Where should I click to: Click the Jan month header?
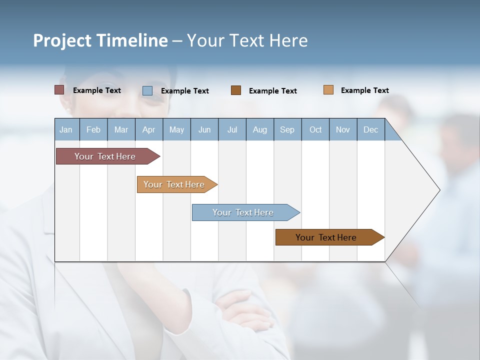(66, 129)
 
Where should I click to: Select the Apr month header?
(149, 129)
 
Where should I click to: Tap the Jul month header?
(232, 129)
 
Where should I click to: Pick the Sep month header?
(287, 129)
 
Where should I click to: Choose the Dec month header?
(370, 129)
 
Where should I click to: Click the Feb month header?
(93, 129)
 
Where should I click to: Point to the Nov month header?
(343, 129)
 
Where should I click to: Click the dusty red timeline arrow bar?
(105, 156)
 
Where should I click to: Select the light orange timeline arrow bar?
(175, 184)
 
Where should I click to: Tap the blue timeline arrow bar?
(243, 212)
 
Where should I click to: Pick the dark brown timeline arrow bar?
(327, 237)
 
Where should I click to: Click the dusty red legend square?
(59, 90)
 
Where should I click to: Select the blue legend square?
(147, 90)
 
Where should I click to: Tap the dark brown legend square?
(236, 90)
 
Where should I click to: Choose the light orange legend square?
(328, 90)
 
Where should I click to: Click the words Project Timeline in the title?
(100, 40)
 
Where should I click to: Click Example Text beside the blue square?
(185, 91)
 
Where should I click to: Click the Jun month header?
(204, 129)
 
